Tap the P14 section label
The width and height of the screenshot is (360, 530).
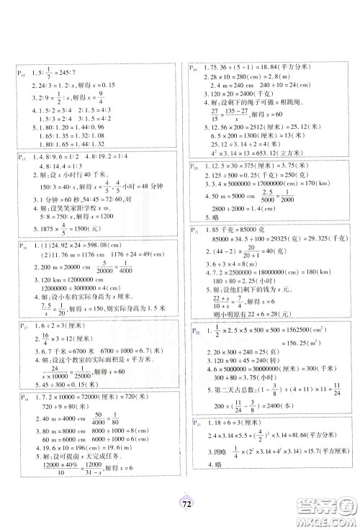[x=22, y=72]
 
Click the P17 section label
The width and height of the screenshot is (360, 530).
[x=22, y=326]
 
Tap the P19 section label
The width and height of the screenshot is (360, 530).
[x=194, y=67]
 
